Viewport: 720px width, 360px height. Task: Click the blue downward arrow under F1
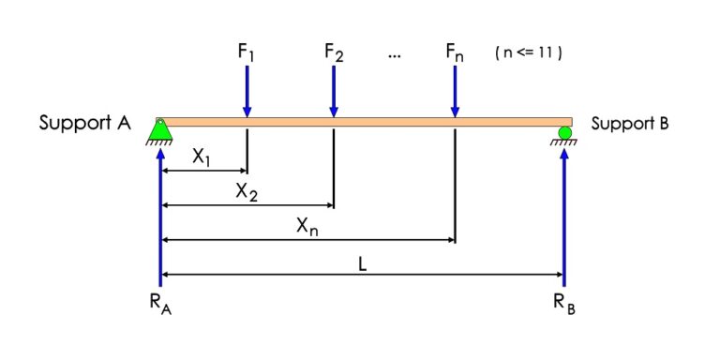coord(247,90)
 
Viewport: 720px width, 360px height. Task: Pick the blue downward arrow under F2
coord(334,90)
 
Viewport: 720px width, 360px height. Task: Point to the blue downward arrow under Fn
coord(455,90)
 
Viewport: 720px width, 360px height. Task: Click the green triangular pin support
coord(160,131)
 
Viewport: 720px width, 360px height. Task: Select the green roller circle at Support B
coord(564,132)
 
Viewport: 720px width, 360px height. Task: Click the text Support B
coord(629,123)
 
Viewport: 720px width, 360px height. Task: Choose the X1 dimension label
coord(202,158)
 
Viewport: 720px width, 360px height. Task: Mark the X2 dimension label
coord(247,192)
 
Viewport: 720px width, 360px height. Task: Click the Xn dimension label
coord(307,227)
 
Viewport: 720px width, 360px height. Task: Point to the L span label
coord(362,263)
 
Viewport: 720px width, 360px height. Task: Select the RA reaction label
coord(160,304)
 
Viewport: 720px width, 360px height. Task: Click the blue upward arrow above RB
coord(564,216)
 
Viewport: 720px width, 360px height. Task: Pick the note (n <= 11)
coord(528,53)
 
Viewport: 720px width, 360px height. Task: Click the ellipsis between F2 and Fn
coord(394,55)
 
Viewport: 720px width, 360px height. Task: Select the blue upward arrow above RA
coord(160,216)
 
